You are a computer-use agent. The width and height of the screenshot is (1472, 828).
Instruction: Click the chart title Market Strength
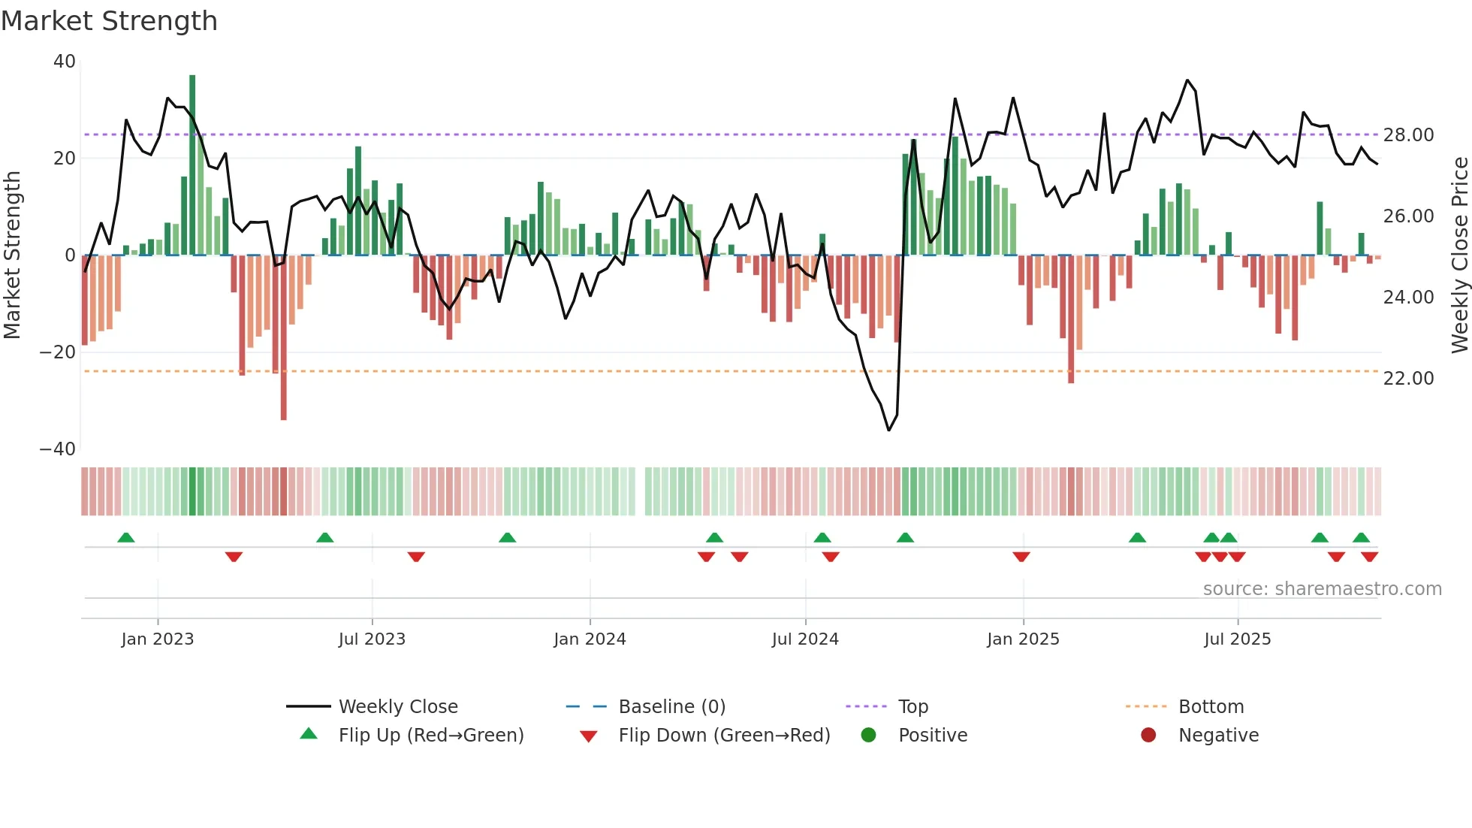pyautogui.click(x=109, y=21)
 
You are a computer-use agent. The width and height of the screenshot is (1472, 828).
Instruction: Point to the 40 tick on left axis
pyautogui.click(x=65, y=62)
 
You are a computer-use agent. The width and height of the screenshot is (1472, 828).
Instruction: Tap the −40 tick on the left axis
pyautogui.click(x=58, y=449)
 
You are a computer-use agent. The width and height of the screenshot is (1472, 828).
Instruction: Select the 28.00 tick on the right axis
pyautogui.click(x=1408, y=135)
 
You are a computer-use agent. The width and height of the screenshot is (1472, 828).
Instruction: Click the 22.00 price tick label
pyautogui.click(x=1408, y=379)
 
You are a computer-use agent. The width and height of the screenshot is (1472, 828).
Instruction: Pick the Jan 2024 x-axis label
pyautogui.click(x=590, y=639)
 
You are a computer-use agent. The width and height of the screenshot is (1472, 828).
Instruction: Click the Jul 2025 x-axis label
pyautogui.click(x=1237, y=639)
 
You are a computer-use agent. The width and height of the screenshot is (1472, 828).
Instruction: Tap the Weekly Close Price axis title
pyautogui.click(x=1459, y=255)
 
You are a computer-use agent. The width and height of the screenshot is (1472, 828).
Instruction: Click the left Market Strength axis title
pyautogui.click(x=13, y=255)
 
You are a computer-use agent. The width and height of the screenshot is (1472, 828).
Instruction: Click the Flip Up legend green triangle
pyautogui.click(x=309, y=734)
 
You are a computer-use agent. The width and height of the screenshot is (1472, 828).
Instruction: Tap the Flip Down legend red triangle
pyautogui.click(x=589, y=736)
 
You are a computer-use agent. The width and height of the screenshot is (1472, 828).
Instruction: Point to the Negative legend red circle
pyautogui.click(x=1148, y=735)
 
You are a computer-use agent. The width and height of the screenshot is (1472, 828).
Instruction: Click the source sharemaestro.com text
pyautogui.click(x=1322, y=589)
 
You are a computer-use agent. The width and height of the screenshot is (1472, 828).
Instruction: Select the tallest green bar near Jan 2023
pyautogui.click(x=192, y=165)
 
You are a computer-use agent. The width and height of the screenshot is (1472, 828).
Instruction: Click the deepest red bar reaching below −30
pyautogui.click(x=283, y=338)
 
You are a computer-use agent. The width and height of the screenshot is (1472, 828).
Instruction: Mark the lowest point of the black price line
pyautogui.click(x=889, y=430)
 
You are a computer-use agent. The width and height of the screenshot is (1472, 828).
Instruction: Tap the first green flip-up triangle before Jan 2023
pyautogui.click(x=126, y=538)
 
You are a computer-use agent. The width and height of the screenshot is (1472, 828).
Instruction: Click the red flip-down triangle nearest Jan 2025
pyautogui.click(x=1021, y=557)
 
